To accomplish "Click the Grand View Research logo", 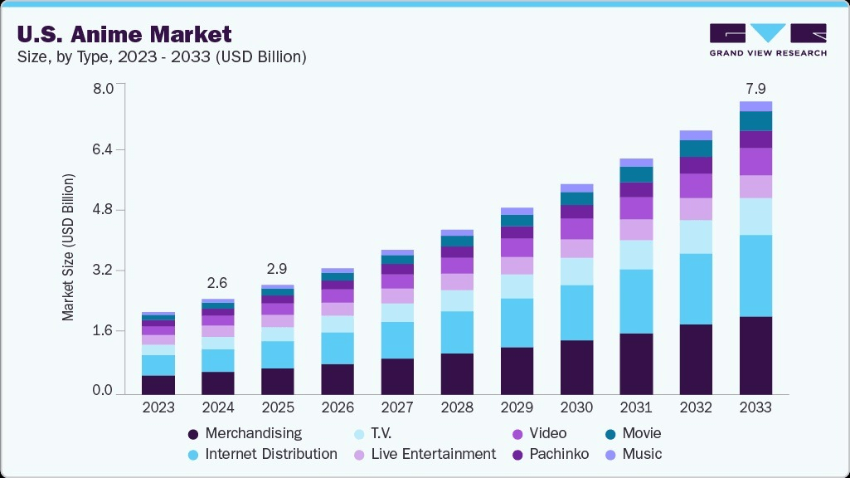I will pyautogui.click(x=767, y=40).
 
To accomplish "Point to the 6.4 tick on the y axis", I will pyautogui.click(x=109, y=150).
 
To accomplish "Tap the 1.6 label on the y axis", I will pyautogui.click(x=109, y=331).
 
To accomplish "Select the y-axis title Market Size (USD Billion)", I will pyautogui.click(x=68, y=247).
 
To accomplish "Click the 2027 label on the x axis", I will pyautogui.click(x=397, y=407).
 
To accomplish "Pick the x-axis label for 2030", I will pyautogui.click(x=576, y=407).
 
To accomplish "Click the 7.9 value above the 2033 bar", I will pyautogui.click(x=755, y=88).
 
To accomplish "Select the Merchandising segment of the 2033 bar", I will pyautogui.click(x=755, y=355).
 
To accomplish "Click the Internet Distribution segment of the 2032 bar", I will pyautogui.click(x=696, y=289).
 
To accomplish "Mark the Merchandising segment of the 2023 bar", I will pyautogui.click(x=158, y=384).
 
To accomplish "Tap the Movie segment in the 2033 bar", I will pyautogui.click(x=755, y=121).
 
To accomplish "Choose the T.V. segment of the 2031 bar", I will pyautogui.click(x=636, y=255).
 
